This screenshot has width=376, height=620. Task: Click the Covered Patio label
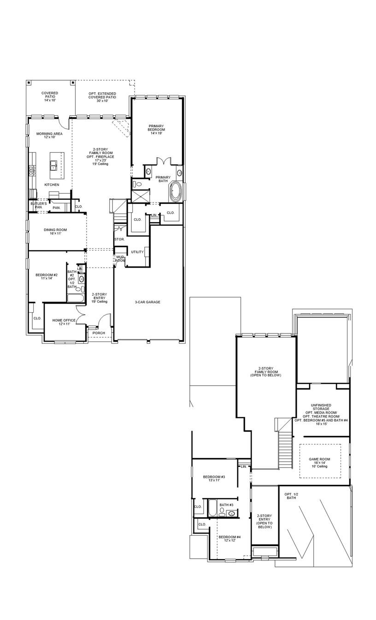(50, 96)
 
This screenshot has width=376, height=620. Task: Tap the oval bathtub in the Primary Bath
(176, 192)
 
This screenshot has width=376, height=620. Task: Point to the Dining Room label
(55, 232)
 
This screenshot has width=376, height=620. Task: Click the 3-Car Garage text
(147, 302)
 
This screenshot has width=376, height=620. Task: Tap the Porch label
(99, 333)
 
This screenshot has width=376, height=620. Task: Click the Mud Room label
(120, 258)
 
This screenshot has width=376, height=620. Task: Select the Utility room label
(137, 252)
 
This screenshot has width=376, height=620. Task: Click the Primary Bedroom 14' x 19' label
(156, 129)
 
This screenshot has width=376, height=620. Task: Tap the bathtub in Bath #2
(75, 298)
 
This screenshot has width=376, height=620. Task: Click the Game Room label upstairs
(320, 463)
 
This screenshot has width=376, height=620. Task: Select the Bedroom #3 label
(214, 478)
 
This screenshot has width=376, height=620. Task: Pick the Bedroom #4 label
(229, 539)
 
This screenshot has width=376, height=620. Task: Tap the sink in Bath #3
(232, 513)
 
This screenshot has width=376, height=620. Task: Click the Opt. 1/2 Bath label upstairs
(291, 496)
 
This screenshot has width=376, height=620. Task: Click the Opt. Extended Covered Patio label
(102, 97)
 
